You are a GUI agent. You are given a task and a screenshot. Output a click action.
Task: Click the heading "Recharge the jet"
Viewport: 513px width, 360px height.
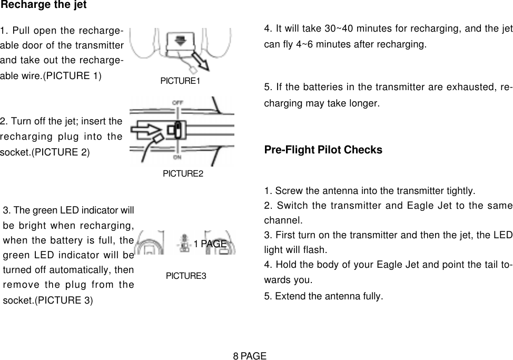43,5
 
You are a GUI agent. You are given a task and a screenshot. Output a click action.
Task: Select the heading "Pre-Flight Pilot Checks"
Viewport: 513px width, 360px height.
323,150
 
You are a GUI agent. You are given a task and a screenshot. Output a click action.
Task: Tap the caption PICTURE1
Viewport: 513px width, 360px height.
181,81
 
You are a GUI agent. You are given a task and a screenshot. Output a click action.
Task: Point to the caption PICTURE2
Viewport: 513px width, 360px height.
183,173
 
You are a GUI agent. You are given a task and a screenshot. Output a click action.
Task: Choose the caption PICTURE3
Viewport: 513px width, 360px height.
186,276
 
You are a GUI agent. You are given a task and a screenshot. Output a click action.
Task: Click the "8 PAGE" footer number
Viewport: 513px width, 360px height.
250,356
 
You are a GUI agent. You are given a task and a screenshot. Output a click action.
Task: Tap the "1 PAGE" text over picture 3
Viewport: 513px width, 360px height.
210,244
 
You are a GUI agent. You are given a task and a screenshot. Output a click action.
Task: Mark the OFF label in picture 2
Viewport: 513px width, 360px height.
179,101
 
